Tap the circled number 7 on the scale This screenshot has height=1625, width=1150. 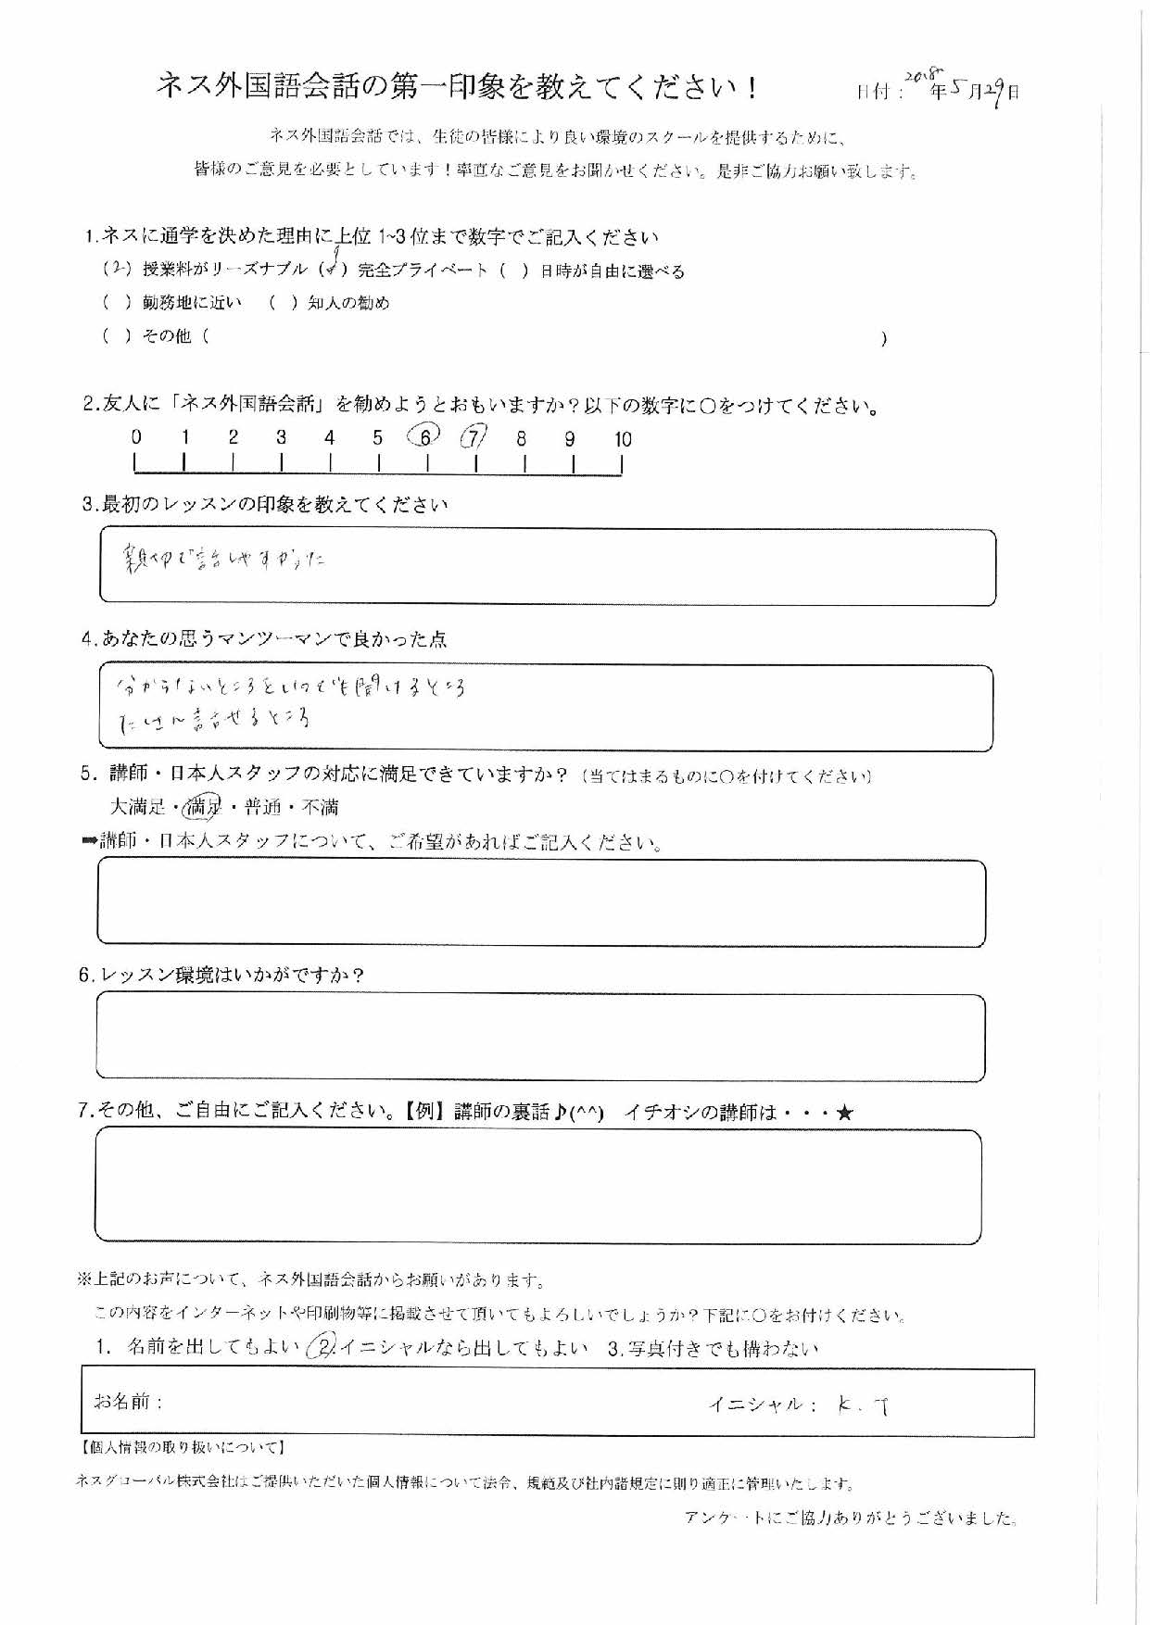tap(474, 436)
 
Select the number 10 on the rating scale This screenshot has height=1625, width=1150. tap(623, 440)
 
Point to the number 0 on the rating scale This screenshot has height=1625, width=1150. tap(136, 438)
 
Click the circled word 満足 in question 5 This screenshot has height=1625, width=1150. tap(204, 808)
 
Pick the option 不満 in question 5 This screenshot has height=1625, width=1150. tap(321, 808)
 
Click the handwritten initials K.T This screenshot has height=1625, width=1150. tap(863, 1405)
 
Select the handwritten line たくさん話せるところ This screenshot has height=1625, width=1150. tap(214, 720)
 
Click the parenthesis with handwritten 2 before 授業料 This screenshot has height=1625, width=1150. tap(117, 270)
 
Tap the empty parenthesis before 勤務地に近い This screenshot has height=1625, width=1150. tap(117, 303)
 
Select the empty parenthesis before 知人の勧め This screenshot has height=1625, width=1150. tap(282, 303)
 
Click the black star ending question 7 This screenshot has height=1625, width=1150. tap(843, 1113)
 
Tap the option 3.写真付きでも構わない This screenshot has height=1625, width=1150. tap(713, 1349)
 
